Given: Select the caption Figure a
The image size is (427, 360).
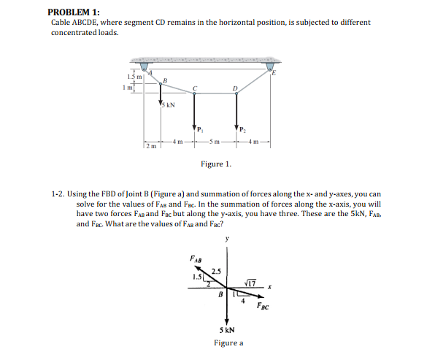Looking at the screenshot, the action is (228, 342).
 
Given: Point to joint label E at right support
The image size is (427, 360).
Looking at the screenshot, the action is (274, 72).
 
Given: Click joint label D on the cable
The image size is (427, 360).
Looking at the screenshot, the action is (235, 88).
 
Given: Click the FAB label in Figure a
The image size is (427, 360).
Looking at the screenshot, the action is (195, 258).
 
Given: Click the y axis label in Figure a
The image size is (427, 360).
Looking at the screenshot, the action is (227, 238).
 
